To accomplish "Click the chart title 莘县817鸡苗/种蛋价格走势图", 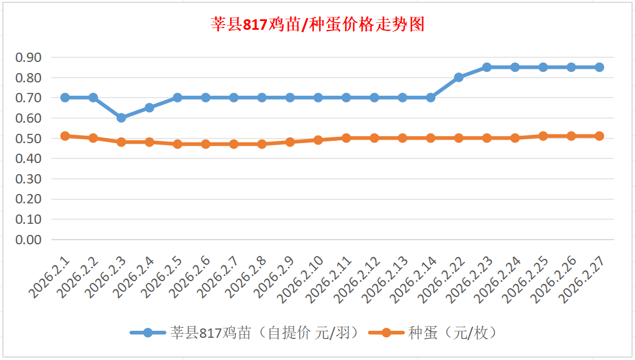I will click(317, 25).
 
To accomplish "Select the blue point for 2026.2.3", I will click(122, 117).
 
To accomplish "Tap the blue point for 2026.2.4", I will click(150, 108).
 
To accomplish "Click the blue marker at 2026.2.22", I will click(459, 77).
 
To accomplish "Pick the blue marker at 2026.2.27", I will click(599, 67).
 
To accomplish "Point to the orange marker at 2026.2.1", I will click(65, 136).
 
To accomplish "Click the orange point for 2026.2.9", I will click(290, 142).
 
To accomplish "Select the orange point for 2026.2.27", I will click(599, 136).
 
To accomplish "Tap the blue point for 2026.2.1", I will click(65, 98).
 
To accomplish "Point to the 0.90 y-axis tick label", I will click(29, 57).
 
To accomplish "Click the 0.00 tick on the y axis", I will click(29, 240).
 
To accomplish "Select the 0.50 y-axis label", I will click(29, 139).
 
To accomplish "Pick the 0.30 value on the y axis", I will click(29, 179).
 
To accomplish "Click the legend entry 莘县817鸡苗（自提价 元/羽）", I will click(243, 333).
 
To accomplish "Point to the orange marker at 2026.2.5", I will click(178, 144).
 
